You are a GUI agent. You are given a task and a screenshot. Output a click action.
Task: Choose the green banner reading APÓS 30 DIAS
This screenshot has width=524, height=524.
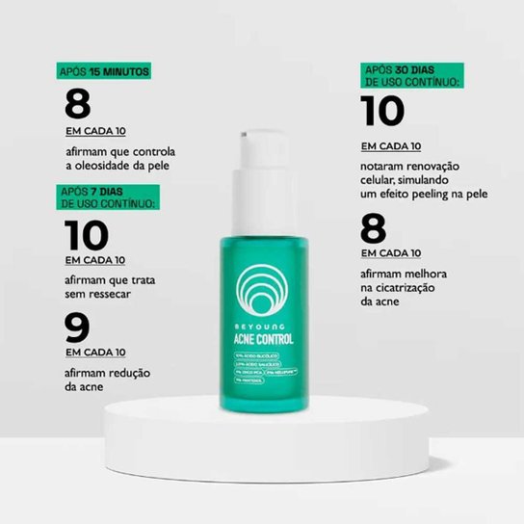(412, 77)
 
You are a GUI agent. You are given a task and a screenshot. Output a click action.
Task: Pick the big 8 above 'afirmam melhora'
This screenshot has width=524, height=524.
(374, 229)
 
